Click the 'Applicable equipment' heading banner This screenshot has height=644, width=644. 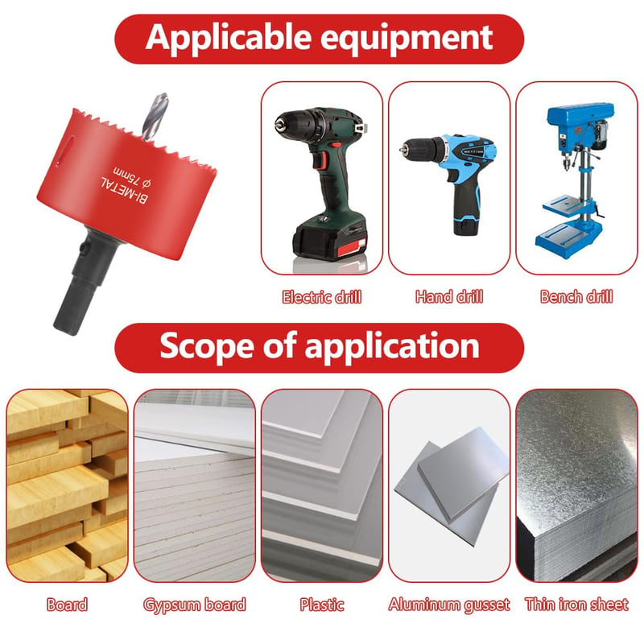click(319, 39)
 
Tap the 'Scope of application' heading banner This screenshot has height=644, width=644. click(319, 348)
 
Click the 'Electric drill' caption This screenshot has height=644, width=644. click(321, 297)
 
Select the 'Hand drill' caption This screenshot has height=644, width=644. click(449, 296)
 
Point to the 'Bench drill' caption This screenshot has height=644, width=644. click(576, 296)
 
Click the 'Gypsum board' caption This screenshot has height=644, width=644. click(194, 605)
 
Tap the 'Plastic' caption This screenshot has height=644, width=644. click(321, 605)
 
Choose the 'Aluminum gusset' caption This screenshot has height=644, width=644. click(449, 605)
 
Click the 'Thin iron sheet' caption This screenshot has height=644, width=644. click(576, 605)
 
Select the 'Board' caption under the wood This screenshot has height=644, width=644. click(67, 605)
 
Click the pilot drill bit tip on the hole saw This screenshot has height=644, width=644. click(163, 95)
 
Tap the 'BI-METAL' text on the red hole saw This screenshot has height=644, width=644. click(125, 190)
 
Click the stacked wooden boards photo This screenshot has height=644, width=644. click(67, 486)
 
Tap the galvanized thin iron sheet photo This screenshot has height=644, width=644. click(576, 486)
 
